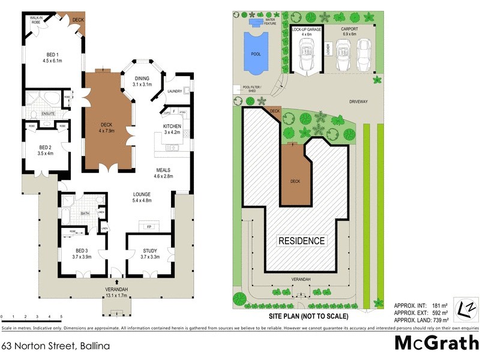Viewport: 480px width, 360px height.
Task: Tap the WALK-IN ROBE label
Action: pos(32,20)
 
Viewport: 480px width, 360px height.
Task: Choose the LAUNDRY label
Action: pos(175,91)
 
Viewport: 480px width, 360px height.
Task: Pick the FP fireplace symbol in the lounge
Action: pos(149,227)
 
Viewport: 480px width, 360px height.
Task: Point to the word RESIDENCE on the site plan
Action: pos(301,241)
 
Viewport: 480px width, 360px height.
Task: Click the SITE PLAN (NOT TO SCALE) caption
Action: pos(308,316)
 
